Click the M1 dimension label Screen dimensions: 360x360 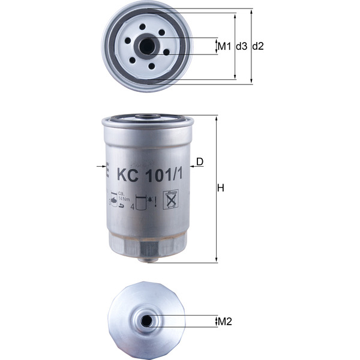pos(224,46)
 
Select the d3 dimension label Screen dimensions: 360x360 pos(241,46)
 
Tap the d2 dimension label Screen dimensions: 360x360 pos(259,46)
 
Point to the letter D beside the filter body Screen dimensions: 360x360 pos(200,161)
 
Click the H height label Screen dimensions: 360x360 pos(221,188)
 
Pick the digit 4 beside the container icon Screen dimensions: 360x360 pos(132,206)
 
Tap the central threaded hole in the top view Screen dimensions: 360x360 pos(145,46)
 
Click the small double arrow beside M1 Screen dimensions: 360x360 pos(216,46)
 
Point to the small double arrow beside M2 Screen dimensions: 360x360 pos(216,322)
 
